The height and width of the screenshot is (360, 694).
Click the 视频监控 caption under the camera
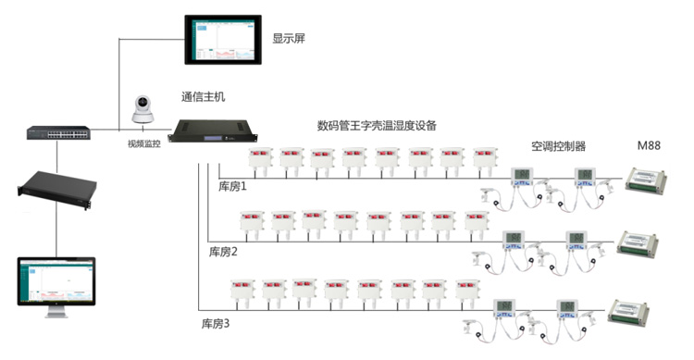[143, 144]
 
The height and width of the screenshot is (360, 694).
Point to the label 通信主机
[203, 96]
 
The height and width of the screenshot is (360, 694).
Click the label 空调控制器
[558, 146]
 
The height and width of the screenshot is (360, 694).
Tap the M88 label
[649, 146]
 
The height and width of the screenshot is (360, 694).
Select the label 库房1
[232, 187]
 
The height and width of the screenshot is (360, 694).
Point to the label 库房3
[216, 324]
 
